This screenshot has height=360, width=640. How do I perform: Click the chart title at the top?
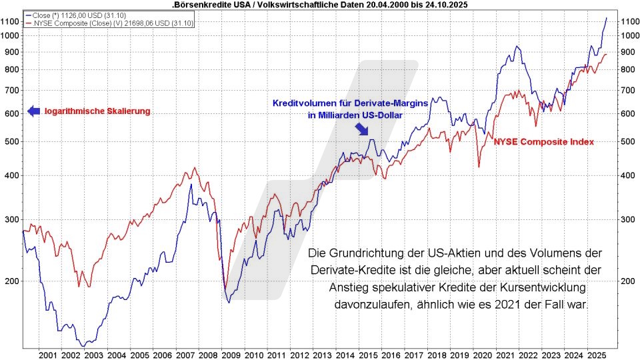click(320, 5)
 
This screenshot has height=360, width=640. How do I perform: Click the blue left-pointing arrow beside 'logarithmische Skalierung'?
click(33, 111)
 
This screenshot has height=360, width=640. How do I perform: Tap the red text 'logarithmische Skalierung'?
click(97, 111)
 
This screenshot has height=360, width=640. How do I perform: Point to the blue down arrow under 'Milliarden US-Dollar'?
click(363, 127)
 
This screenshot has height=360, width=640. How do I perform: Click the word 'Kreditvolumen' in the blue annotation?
click(302, 103)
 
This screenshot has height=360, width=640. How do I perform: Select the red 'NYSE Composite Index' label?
click(543, 142)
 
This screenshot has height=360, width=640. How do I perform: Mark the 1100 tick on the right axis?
click(631, 21)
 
